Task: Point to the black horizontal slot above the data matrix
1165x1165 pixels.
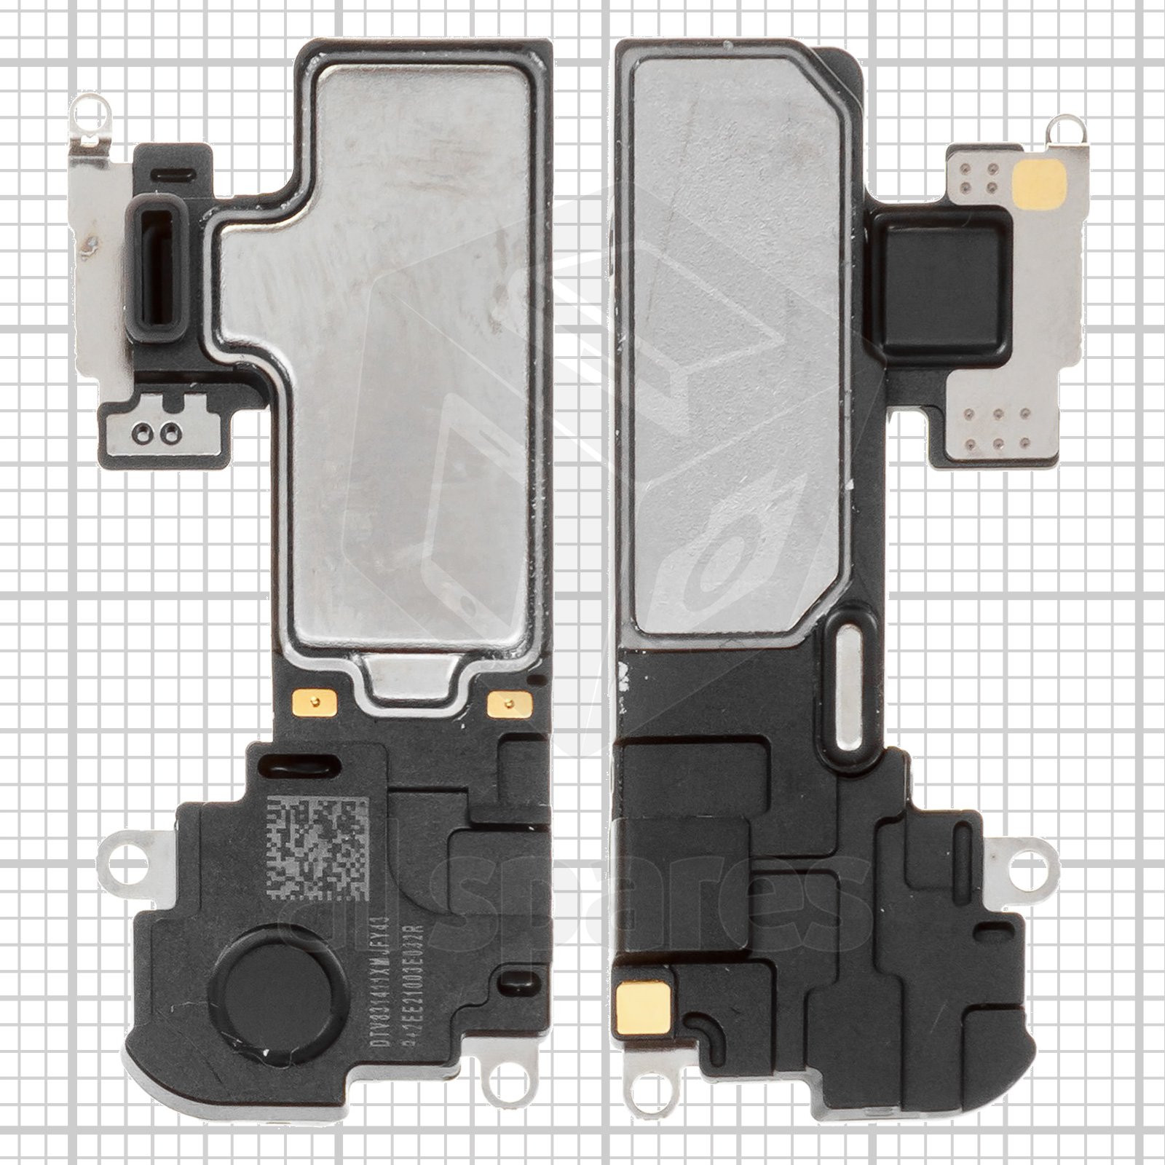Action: tap(302, 766)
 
